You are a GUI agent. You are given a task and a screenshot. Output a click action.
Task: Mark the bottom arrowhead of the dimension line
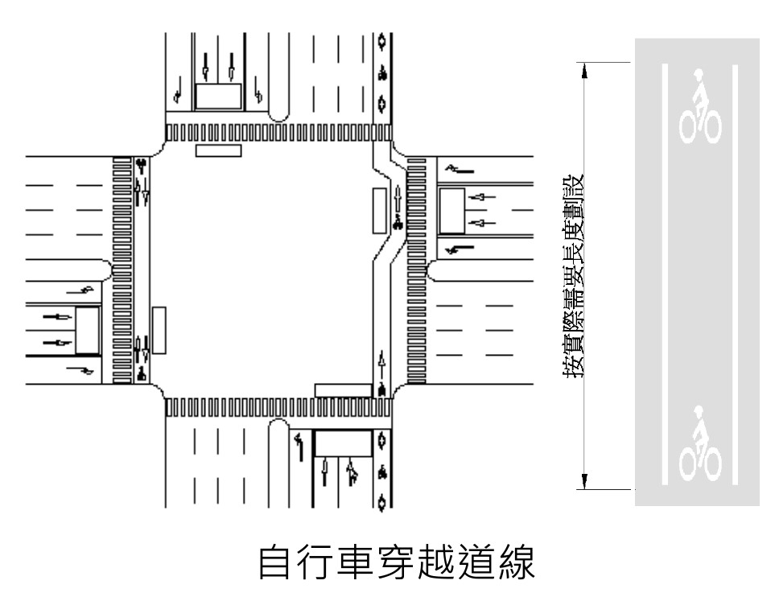[584, 482]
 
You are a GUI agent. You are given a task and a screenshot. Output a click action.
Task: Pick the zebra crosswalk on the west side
[122, 270]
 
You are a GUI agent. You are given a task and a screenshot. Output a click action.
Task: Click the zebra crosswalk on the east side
[416, 270]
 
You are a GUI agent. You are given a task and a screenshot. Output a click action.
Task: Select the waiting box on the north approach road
[219, 97]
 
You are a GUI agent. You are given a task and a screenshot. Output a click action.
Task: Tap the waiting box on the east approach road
[451, 211]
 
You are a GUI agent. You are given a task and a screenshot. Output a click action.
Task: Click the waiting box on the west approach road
[88, 330]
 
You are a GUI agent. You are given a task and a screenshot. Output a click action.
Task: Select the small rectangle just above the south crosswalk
[343, 390]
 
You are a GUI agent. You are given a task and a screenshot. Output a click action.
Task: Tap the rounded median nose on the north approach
[278, 113]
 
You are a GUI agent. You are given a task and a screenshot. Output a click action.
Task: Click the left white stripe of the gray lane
[665, 274]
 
